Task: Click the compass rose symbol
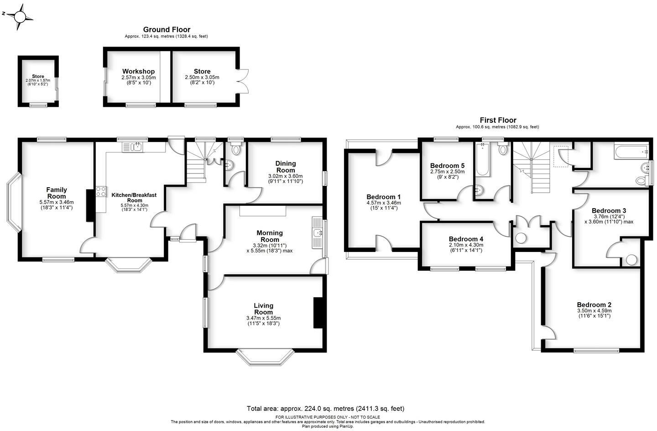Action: coord(20,17)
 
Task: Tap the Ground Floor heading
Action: coord(167,30)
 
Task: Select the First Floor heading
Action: coord(498,120)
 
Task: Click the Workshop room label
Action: coord(138,72)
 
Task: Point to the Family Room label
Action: coord(57,193)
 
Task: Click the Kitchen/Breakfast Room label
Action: coord(134,198)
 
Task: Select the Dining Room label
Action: coord(286,167)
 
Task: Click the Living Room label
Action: coord(263,309)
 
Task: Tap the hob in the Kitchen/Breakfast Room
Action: coord(100,192)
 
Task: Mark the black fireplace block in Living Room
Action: coord(318,312)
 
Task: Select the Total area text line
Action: coord(325,409)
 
